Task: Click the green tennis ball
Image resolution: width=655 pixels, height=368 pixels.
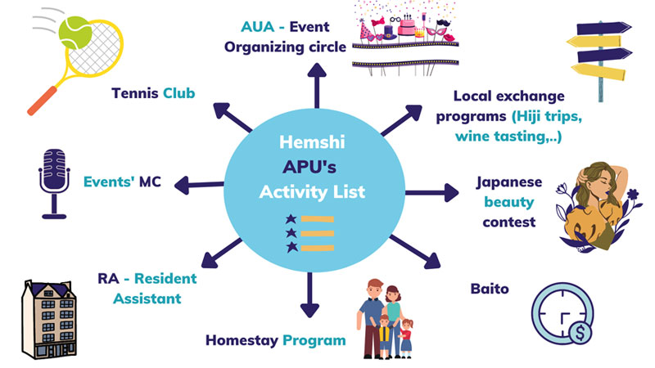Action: [x=75, y=33]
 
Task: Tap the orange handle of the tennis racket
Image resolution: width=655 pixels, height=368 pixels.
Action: [x=43, y=101]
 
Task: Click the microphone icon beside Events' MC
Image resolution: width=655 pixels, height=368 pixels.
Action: [x=54, y=183]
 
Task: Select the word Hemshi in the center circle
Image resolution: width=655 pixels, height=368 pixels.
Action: [x=312, y=141]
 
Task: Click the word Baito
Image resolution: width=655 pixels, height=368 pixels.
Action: [x=490, y=289]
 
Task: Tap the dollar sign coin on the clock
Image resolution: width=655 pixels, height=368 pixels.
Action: [x=580, y=333]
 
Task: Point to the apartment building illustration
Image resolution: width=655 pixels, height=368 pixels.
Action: [x=49, y=320]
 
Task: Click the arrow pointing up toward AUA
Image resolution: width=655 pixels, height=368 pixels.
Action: [x=317, y=86]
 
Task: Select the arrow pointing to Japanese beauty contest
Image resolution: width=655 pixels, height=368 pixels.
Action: [x=432, y=193]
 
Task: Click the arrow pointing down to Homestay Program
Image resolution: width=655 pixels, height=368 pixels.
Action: [x=309, y=294]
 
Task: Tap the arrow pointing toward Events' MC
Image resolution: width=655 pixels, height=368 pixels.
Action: [x=199, y=185]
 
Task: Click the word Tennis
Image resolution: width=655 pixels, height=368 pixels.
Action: [x=134, y=93]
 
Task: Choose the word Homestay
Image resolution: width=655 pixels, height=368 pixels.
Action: [x=242, y=340]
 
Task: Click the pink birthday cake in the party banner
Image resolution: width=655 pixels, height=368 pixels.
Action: [x=406, y=26]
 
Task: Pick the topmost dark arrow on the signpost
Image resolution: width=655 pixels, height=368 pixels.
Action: [x=604, y=29]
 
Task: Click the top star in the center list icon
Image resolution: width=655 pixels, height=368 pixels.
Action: [x=291, y=219]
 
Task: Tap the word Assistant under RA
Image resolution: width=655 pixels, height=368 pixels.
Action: [x=147, y=298]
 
